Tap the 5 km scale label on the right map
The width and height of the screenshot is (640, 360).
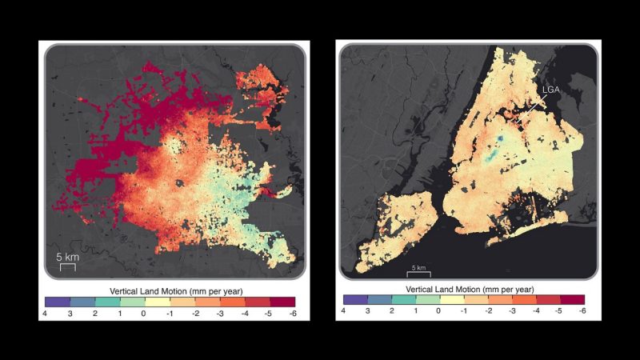[x=418, y=266]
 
